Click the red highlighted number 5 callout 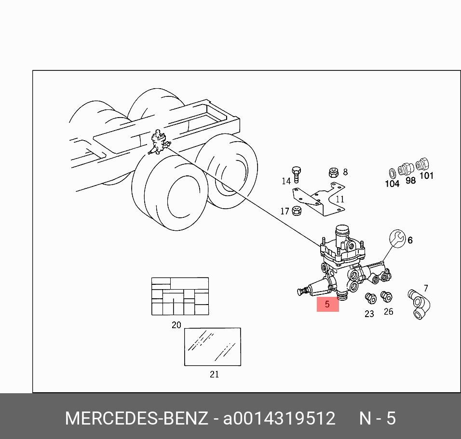click(327, 304)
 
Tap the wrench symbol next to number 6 click(397, 239)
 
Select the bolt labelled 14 click(296, 174)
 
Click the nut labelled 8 click(333, 173)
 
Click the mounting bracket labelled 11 click(319, 199)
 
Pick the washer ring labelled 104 click(392, 173)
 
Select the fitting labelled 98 click(406, 169)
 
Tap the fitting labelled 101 click(422, 164)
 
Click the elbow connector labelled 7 click(419, 305)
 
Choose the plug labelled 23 click(370, 298)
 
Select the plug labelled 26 click(386, 296)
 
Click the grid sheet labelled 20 click(180, 296)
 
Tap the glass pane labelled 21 click(213, 347)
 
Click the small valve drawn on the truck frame click(159, 142)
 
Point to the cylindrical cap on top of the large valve click(341, 232)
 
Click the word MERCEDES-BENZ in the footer click(136, 418)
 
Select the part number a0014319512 click(279, 418)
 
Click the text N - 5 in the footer click(378, 418)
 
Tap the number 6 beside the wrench click(410, 240)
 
